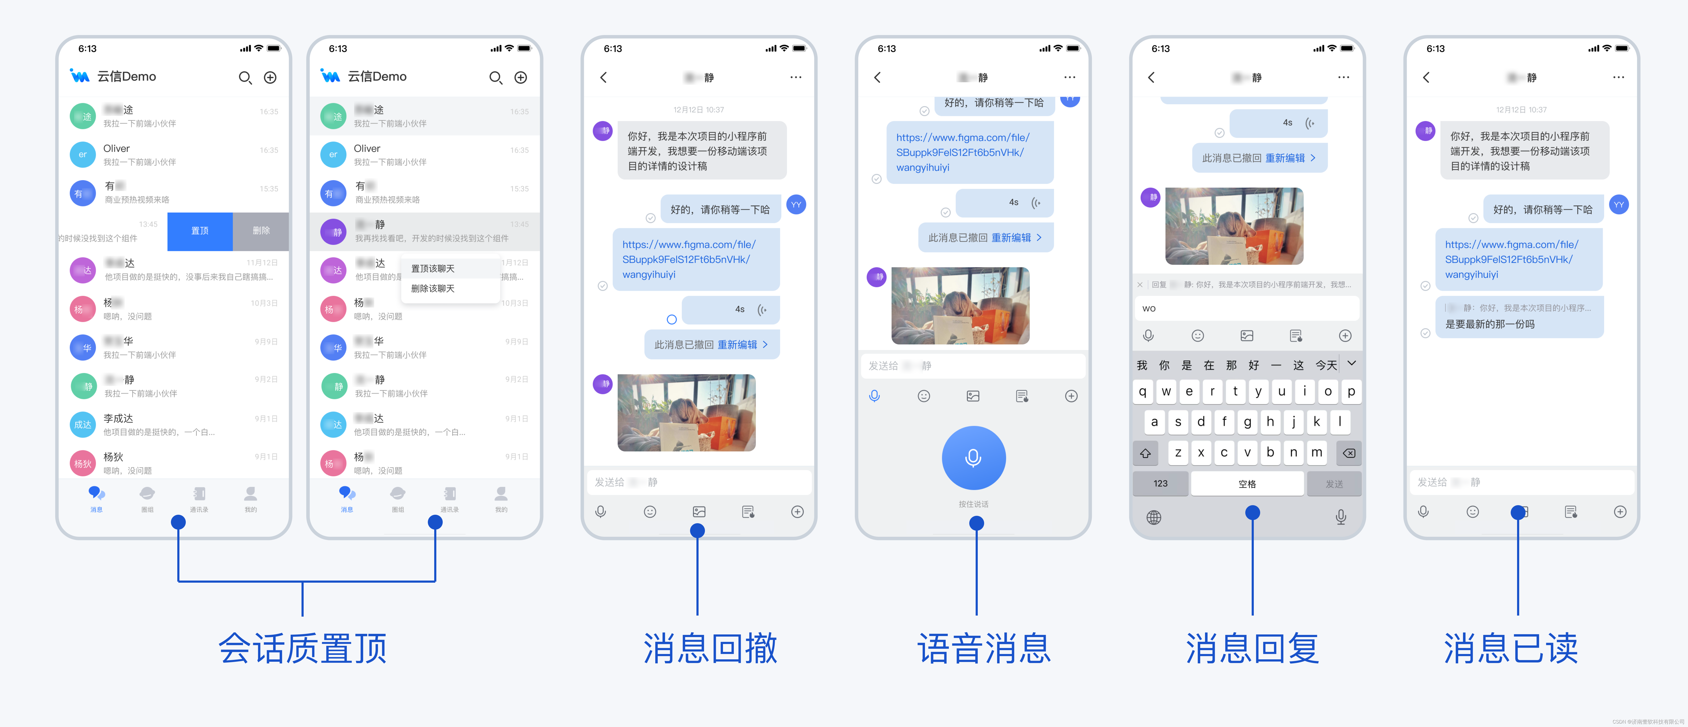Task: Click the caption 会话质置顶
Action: coord(303,648)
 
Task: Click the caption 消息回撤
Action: coord(710,648)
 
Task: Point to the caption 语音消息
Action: coord(984,648)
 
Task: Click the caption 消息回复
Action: coord(1252,648)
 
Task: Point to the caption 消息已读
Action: coord(1511,648)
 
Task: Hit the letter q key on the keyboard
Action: coord(1143,392)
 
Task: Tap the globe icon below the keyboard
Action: coord(1154,517)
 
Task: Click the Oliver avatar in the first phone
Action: coord(83,155)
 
